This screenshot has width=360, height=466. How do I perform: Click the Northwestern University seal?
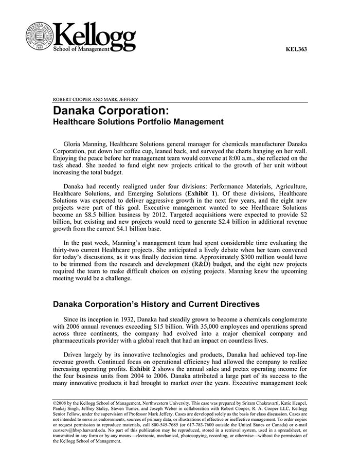[39, 35]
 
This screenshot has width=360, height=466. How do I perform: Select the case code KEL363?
[296, 50]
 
